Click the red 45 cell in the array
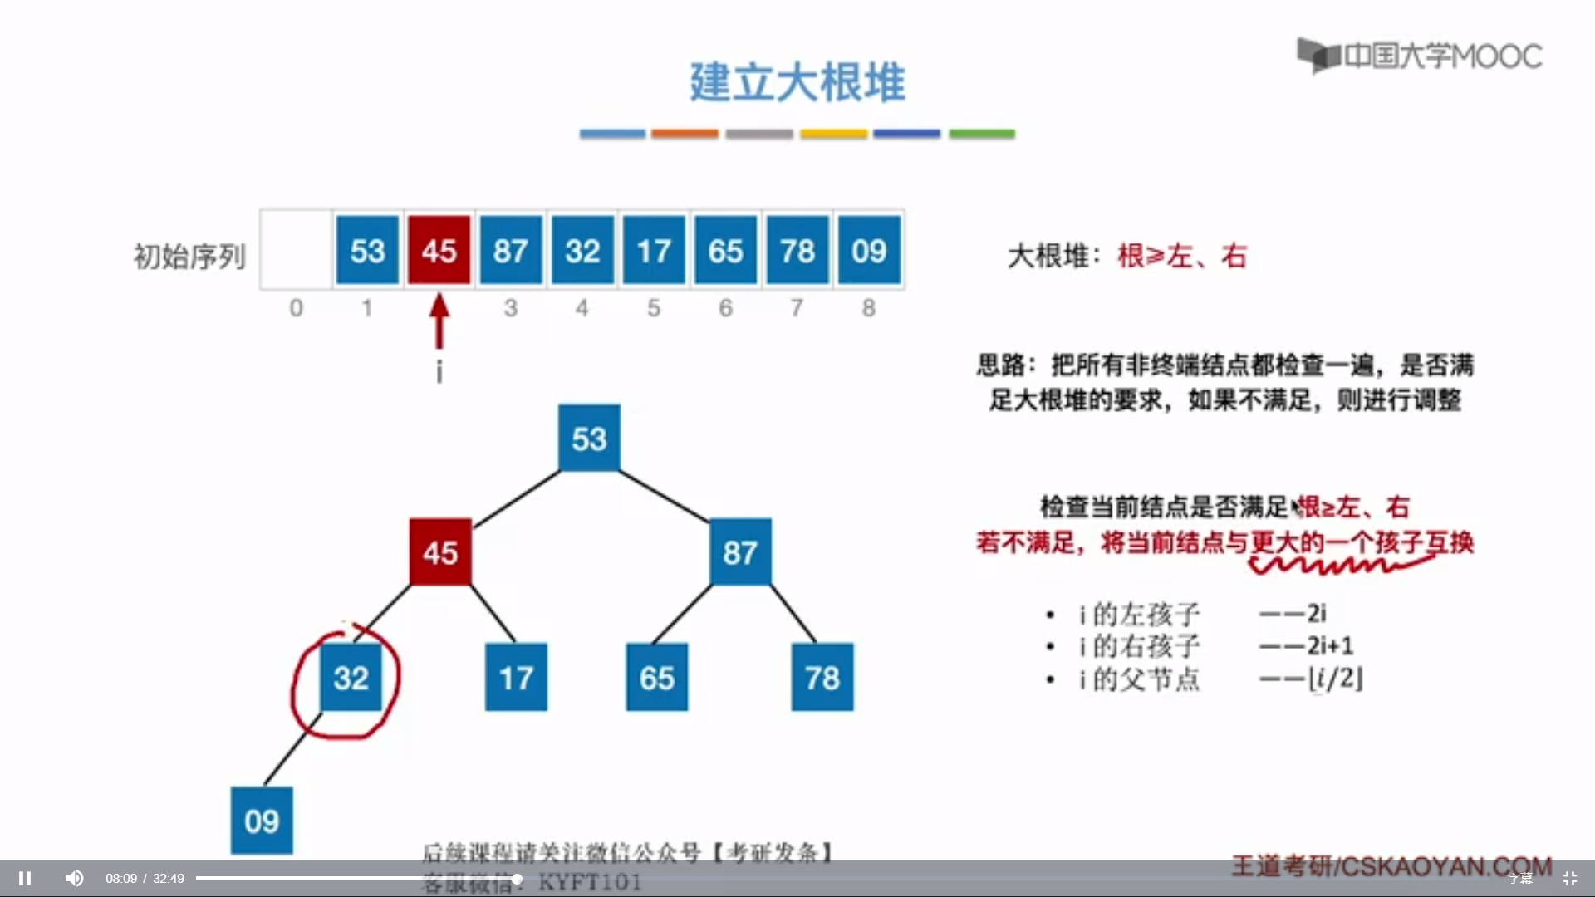[439, 250]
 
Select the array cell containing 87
[511, 250]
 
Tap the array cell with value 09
[869, 250]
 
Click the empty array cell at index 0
[297, 250]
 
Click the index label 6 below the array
[725, 308]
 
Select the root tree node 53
[589, 438]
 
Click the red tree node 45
[440, 551]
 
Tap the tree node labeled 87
[740, 551]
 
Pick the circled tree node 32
[351, 678]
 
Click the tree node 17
[516, 678]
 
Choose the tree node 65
[656, 678]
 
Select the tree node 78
[822, 678]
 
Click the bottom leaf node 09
[262, 821]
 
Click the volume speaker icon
[75, 878]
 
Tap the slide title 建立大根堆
[797, 82]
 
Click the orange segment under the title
[685, 134]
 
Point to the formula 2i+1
[1330, 645]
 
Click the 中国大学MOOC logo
[1420, 56]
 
